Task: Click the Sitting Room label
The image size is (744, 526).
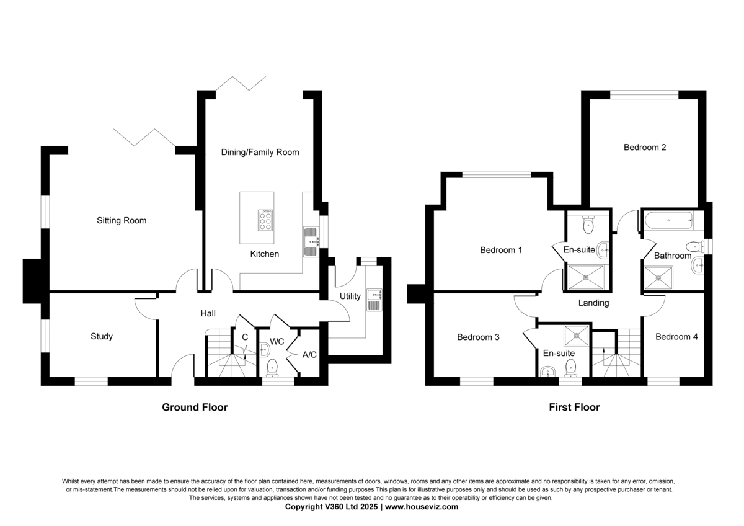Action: tap(122, 220)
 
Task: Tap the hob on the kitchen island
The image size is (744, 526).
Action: tap(265, 220)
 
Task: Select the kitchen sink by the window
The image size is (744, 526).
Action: tap(311, 241)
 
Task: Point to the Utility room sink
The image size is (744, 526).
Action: tap(374, 300)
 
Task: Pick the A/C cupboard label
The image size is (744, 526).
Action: tap(309, 355)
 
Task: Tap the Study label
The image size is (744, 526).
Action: tap(102, 336)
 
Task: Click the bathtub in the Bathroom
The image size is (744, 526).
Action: tap(668, 220)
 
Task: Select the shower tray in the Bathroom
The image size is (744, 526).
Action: tap(658, 278)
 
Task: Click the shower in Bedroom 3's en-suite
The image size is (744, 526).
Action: tap(576, 336)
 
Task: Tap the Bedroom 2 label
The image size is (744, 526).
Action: tap(645, 147)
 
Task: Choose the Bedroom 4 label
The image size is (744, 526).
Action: tap(676, 337)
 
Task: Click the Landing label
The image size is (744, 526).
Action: tap(593, 303)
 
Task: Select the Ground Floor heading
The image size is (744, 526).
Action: tap(195, 407)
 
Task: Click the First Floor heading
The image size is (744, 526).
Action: tap(574, 407)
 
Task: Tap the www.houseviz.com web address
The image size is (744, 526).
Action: tap(422, 506)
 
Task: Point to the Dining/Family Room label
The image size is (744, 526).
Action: tap(260, 152)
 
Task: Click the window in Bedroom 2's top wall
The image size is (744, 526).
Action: tap(644, 95)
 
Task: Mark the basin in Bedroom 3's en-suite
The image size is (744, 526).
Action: tap(547, 372)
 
